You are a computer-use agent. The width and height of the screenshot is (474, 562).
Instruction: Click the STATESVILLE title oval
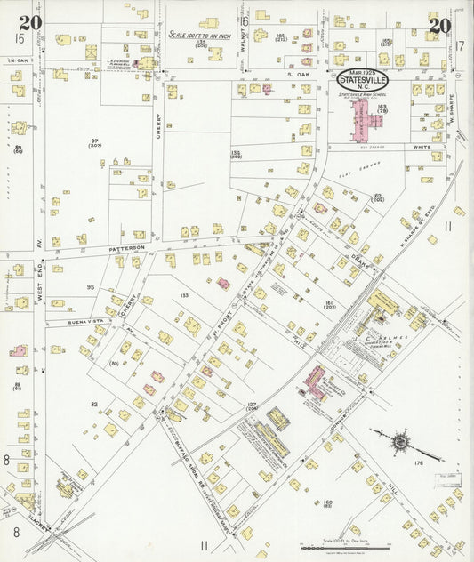click(363, 79)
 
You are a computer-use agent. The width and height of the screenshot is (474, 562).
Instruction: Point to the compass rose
click(401, 440)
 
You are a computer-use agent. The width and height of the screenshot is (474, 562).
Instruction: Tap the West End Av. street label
click(40, 285)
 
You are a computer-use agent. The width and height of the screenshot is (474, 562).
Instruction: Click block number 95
click(90, 287)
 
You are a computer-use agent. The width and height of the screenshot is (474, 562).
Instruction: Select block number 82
click(94, 404)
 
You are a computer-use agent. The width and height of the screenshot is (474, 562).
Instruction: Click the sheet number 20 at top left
click(30, 23)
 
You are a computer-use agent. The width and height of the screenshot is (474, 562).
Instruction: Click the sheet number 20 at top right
click(438, 26)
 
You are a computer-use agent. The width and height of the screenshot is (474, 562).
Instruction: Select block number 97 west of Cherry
click(94, 141)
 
